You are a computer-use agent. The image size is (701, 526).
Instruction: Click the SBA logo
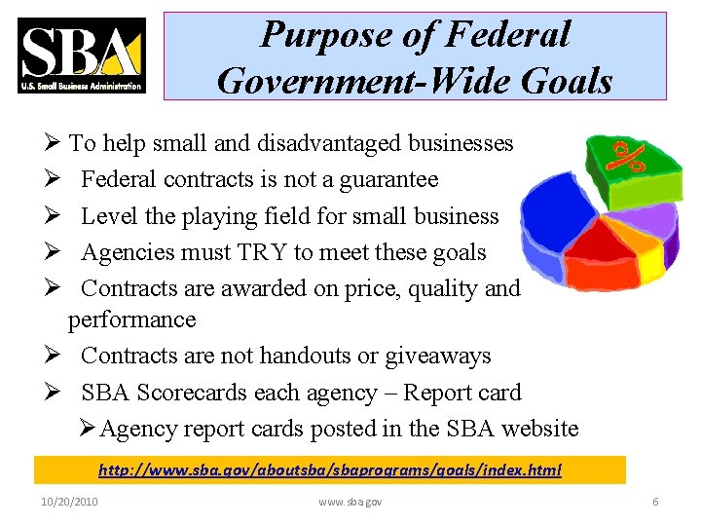tap(82, 56)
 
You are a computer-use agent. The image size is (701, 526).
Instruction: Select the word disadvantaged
tap(330, 143)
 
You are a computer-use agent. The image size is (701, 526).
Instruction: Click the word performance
tap(132, 319)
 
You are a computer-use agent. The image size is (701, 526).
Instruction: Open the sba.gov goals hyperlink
tap(330, 470)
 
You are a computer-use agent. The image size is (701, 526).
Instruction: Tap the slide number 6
tap(655, 502)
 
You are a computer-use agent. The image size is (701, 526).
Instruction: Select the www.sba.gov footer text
tap(350, 502)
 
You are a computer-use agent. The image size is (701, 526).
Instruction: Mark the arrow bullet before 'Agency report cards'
tap(87, 429)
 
